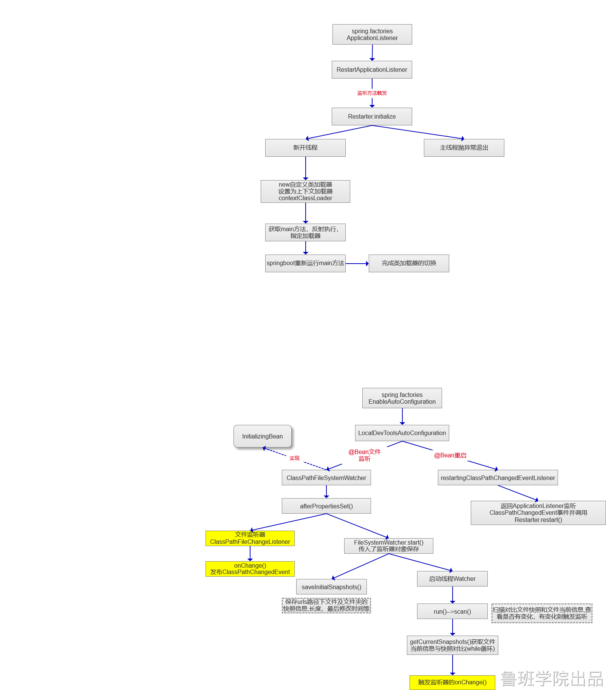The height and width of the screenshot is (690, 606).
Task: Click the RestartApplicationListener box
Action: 372,70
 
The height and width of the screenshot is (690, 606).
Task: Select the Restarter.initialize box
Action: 372,117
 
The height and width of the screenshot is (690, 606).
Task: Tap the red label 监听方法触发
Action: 372,93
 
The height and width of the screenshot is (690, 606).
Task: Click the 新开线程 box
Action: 305,148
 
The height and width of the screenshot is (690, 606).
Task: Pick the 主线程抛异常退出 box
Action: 464,148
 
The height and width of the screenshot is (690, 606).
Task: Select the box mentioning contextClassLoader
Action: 305,191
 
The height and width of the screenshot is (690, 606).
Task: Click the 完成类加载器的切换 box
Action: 409,263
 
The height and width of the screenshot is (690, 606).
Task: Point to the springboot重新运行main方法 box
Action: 305,263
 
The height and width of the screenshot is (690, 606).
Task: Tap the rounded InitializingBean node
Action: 263,436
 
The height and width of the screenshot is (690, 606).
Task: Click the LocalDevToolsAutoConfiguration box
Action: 402,433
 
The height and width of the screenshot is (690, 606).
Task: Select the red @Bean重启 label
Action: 450,455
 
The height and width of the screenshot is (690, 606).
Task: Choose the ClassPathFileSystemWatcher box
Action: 326,478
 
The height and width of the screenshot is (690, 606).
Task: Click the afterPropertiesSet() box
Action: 326,506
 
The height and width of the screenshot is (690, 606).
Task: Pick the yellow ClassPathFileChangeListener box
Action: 250,538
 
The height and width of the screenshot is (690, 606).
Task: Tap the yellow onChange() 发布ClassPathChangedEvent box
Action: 250,569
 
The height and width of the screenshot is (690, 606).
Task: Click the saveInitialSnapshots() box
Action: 331,587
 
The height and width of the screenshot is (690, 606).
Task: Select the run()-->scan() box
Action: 452,611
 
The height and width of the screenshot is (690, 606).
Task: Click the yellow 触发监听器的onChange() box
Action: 452,682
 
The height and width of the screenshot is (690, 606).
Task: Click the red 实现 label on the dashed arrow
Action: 294,458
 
